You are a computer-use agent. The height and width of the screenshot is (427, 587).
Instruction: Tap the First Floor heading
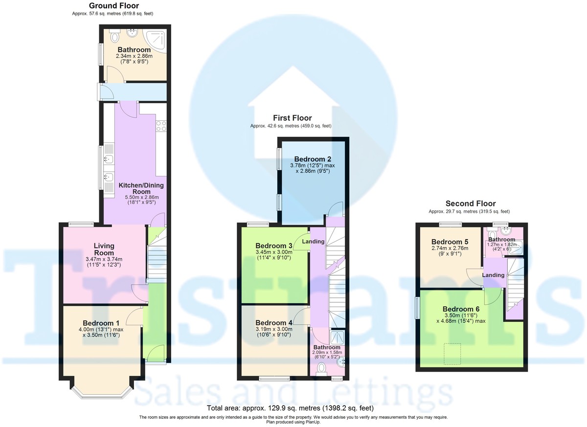pos(292,118)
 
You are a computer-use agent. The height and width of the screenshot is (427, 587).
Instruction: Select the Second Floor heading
pos(470,203)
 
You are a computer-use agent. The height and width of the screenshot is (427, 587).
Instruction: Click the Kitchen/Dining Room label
pos(141,189)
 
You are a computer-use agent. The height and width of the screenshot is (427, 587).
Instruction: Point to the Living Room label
pos(104,249)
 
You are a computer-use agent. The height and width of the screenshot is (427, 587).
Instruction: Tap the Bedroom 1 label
pos(101,323)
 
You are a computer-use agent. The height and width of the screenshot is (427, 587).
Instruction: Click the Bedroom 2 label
pos(313,159)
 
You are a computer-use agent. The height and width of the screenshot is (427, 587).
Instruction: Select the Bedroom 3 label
pos(274,246)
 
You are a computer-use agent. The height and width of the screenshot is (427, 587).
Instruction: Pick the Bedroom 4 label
pos(274,323)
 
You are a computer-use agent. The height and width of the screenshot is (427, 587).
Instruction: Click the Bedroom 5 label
pos(450,242)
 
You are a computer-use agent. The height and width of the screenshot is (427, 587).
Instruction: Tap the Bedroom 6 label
pos(461,309)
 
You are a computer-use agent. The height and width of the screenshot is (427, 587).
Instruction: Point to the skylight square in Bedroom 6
pos(452,354)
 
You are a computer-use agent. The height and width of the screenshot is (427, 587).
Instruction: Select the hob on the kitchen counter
pos(161,126)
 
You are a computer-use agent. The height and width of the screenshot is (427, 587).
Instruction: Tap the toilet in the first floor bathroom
pos(321,367)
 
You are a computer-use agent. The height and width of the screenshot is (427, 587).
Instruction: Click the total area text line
pos(290,407)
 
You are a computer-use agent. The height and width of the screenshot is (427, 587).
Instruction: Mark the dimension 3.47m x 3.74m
pos(104,259)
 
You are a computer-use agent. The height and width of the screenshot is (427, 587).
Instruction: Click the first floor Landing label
pos(314,242)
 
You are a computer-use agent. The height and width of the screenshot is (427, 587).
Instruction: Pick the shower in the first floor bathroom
pos(338,337)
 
